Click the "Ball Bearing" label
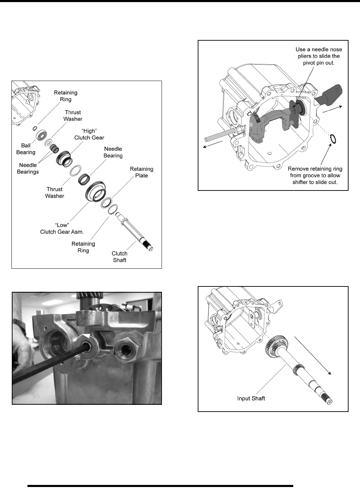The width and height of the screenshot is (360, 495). [x=26, y=149]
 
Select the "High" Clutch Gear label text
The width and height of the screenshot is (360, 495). [x=89, y=134]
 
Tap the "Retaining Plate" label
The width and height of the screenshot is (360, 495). [x=141, y=172]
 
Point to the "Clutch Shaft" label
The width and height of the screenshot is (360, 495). [x=120, y=257]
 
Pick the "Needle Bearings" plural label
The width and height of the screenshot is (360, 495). [x=28, y=168]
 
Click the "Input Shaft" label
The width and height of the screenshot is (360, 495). [x=251, y=398]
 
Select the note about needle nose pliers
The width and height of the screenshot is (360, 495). [x=319, y=56]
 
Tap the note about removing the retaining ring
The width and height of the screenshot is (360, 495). [x=315, y=175]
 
